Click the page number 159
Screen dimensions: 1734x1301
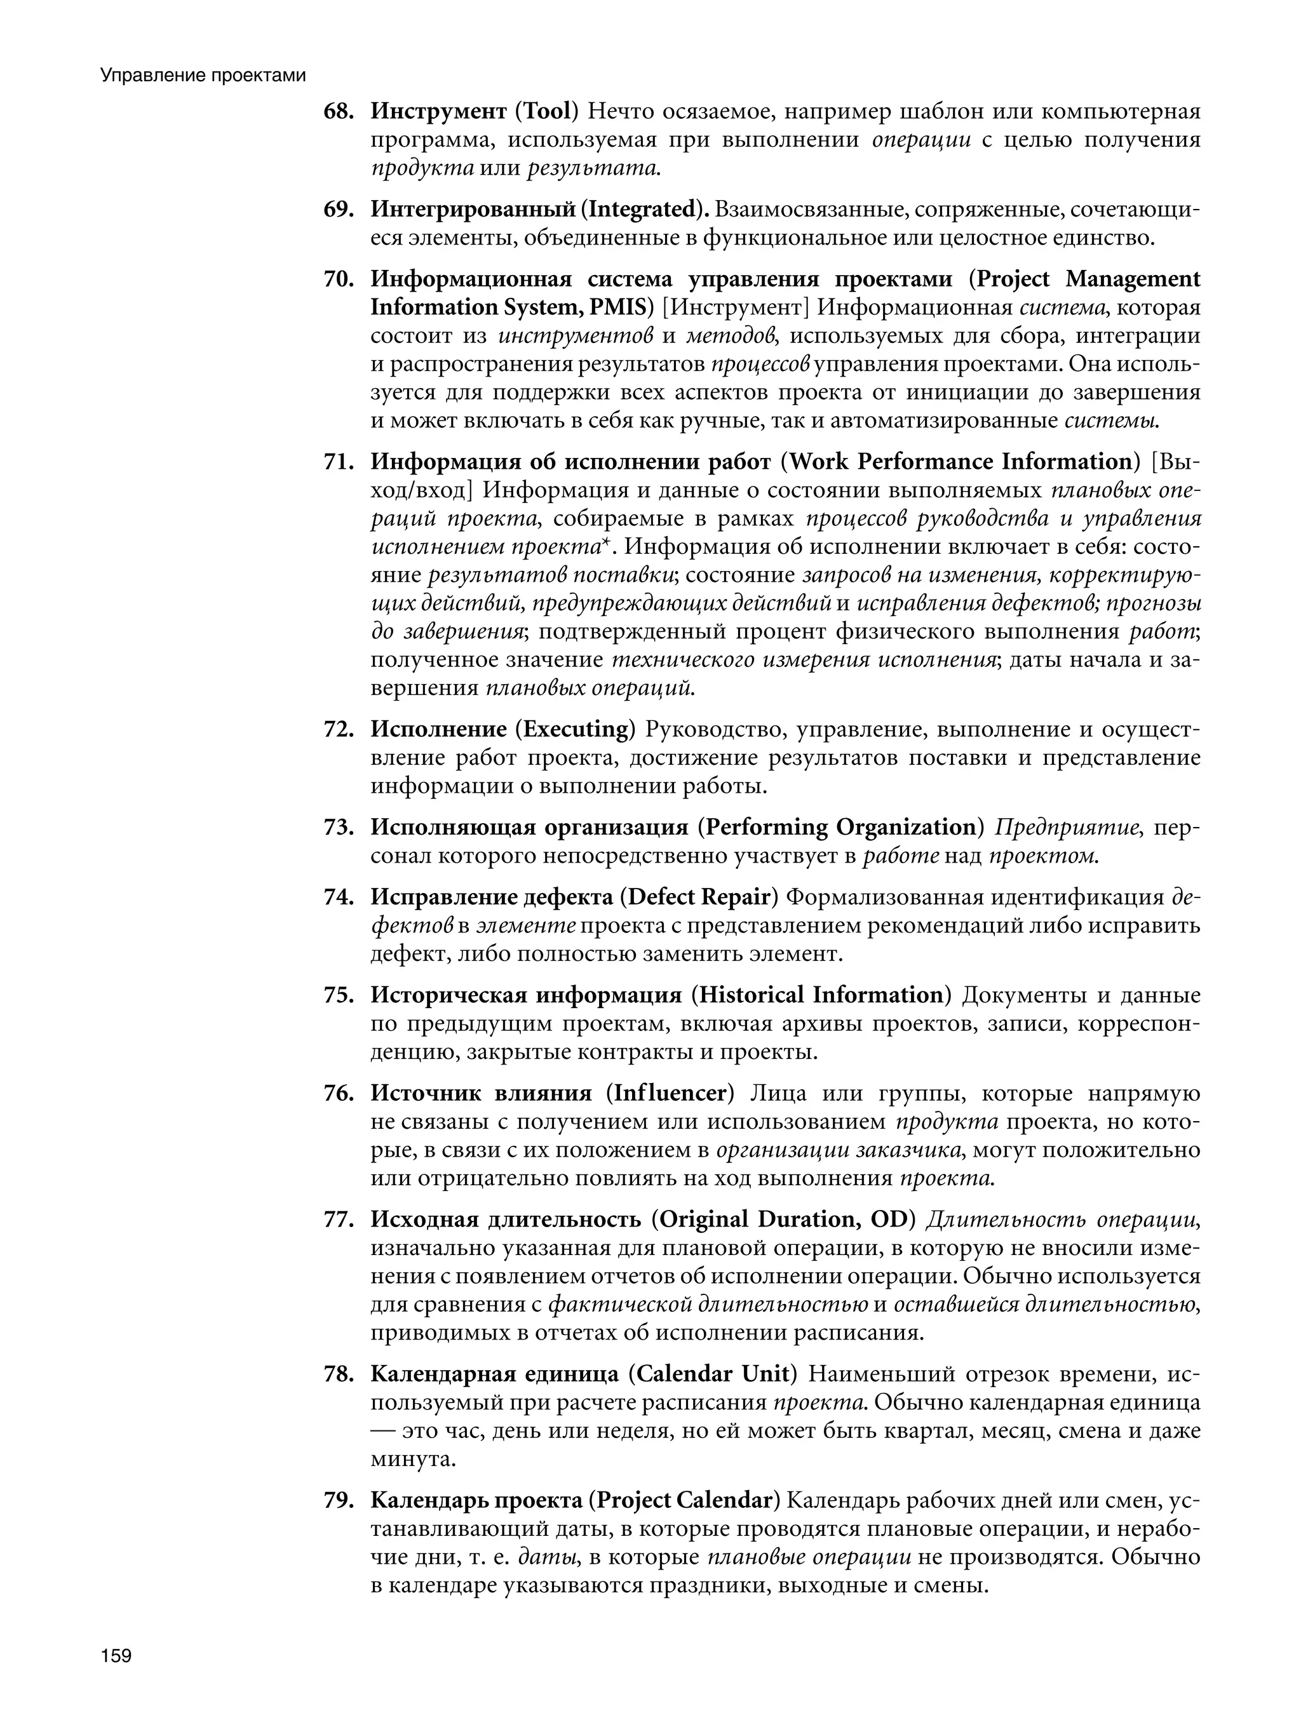[x=115, y=1656]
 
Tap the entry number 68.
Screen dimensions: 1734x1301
[x=339, y=112]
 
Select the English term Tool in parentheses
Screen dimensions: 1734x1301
[x=546, y=112]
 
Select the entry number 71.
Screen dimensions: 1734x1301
[x=339, y=462]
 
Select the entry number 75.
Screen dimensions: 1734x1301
[x=339, y=995]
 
